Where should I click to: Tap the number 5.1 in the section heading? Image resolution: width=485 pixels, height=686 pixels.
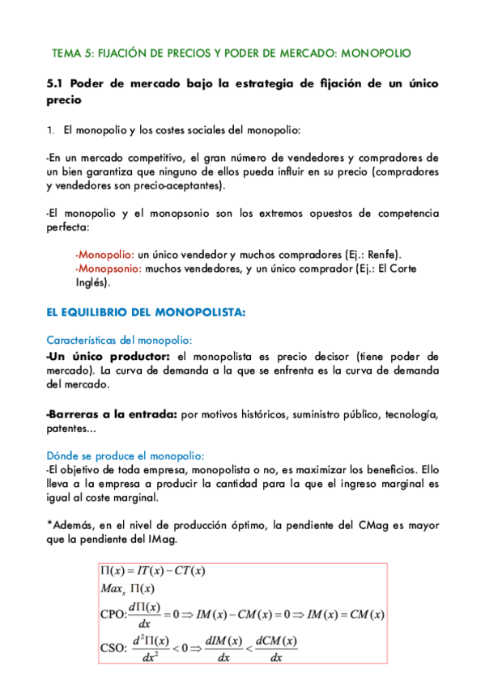pos(56,83)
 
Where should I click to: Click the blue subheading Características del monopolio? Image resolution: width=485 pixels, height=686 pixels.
pos(119,340)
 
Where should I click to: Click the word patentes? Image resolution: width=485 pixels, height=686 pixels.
pos(71,430)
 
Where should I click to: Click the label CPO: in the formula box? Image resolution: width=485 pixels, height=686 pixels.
pos(114,616)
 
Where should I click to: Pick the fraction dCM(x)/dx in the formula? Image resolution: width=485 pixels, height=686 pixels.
pos(275,649)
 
